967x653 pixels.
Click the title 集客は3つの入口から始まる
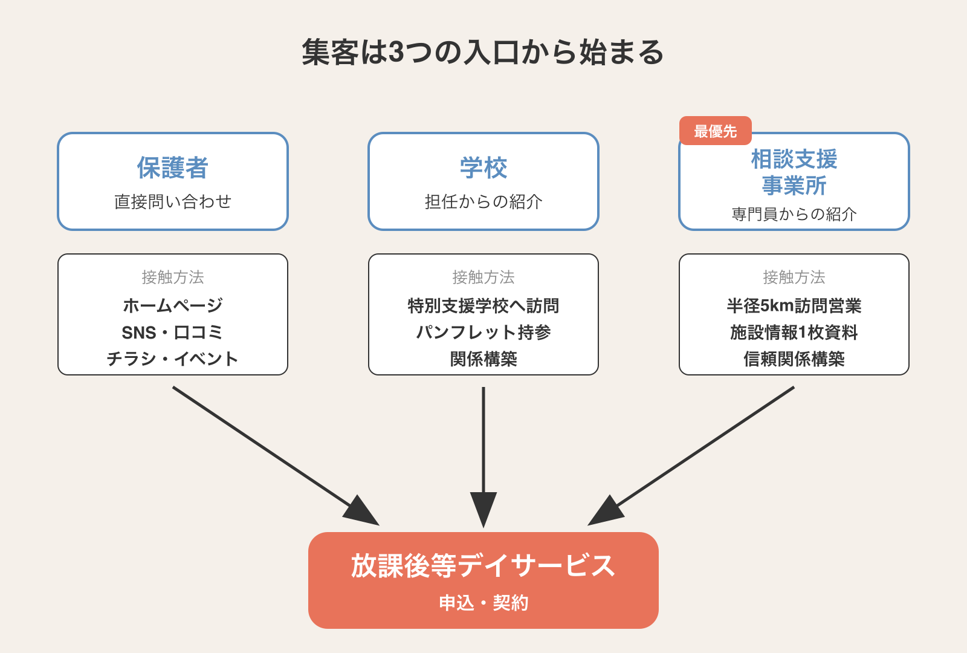coord(483,52)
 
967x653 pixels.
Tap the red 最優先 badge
coord(715,131)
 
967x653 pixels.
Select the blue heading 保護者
coord(173,168)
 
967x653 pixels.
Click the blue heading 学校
coord(483,168)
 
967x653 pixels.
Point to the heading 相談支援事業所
coord(794,173)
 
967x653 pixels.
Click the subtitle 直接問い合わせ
coord(173,202)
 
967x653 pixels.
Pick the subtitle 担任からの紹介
coord(483,202)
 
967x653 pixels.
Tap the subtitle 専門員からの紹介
coord(794,215)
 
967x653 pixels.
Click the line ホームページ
coord(173,306)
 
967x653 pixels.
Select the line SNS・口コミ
coord(173,333)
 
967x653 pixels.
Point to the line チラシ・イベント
coord(173,359)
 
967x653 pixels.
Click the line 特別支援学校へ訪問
coord(483,306)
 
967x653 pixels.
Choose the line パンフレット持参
coord(483,333)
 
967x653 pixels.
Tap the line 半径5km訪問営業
coord(794,306)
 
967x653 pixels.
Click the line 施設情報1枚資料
coord(794,333)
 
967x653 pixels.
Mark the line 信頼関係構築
coord(794,359)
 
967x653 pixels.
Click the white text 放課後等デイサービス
coord(483,566)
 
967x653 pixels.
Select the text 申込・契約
coord(483,603)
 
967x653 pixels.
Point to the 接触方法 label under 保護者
coord(173,278)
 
